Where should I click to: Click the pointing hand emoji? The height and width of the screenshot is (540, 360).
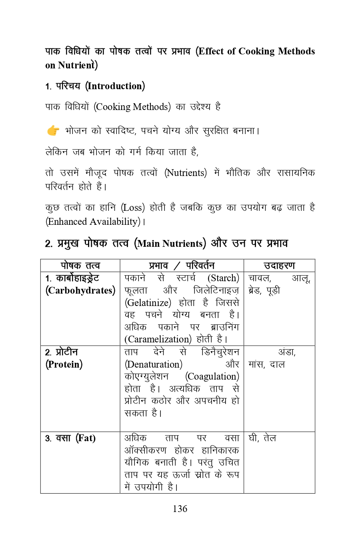(53, 130)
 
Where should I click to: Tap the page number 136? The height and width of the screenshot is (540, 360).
(180, 508)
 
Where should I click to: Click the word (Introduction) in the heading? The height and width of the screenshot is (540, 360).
(115, 86)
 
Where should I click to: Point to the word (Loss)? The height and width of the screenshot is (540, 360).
(133, 208)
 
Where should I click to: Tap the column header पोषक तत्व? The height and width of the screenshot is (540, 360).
(80, 266)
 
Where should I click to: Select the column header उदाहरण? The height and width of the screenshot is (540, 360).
(279, 266)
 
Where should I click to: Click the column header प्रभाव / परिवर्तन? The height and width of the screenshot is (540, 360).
(182, 266)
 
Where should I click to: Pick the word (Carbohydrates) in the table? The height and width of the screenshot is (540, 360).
(80, 290)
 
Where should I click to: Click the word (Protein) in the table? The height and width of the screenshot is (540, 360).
(64, 364)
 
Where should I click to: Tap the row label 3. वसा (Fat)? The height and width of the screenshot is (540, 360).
(70, 438)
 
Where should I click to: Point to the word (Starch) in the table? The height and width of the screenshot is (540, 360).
(223, 278)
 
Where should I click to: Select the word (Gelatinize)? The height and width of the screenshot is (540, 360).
(148, 303)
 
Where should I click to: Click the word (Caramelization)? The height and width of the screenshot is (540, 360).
(158, 339)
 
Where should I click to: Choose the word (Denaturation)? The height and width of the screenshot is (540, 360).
(154, 364)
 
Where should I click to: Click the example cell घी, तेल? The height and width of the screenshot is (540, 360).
(262, 438)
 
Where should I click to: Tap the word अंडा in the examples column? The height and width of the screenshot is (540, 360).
(287, 352)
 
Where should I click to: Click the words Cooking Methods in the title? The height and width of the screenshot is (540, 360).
(276, 51)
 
